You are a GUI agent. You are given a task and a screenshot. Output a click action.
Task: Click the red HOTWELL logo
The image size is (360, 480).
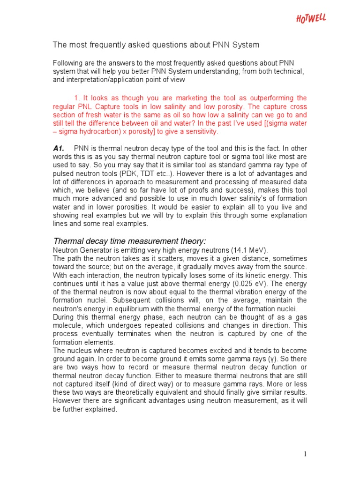tap(311, 19)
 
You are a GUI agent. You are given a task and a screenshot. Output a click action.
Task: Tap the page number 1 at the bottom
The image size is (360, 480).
tap(305, 454)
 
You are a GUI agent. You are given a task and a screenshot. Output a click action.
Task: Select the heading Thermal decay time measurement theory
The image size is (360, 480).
tap(129, 241)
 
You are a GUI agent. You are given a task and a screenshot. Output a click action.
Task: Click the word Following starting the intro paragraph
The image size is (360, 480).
tap(68, 63)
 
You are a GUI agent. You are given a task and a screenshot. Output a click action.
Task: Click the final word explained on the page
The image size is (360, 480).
tap(104, 410)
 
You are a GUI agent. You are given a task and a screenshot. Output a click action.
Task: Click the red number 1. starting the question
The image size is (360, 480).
tap(78, 98)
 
